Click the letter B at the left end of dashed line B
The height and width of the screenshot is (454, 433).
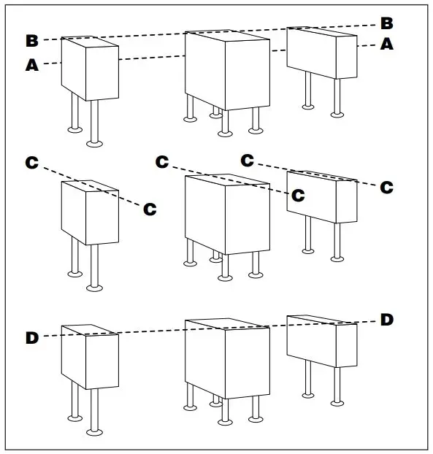pyautogui.click(x=32, y=39)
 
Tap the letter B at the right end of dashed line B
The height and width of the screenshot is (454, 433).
pyautogui.click(x=386, y=22)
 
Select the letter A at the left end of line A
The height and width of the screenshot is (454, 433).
pyautogui.click(x=31, y=65)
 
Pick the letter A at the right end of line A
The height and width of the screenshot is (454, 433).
pyautogui.click(x=386, y=44)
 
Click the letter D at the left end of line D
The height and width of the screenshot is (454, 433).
pyautogui.click(x=32, y=337)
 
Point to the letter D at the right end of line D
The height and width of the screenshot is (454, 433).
pyautogui.click(x=386, y=319)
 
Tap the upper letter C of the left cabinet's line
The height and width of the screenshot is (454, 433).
pyautogui.click(x=32, y=163)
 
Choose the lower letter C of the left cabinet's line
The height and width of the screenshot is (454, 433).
pyautogui.click(x=150, y=209)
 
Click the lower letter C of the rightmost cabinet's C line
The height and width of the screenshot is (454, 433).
pyautogui.click(x=386, y=187)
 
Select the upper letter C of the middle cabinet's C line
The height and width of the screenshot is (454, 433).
pyautogui.click(x=162, y=161)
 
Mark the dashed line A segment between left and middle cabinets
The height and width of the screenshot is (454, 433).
pyautogui.click(x=151, y=56)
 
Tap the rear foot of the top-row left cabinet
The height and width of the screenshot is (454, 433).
pyautogui.click(x=74, y=129)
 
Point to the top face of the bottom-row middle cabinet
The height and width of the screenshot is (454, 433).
pyautogui.click(x=226, y=325)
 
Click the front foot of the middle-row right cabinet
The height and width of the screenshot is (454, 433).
pyautogui.click(x=337, y=257)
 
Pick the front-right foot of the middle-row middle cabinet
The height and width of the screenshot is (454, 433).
pyautogui.click(x=255, y=274)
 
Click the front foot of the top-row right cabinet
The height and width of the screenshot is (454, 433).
pyautogui.click(x=337, y=113)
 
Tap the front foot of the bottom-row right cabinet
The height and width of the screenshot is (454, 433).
pyautogui.click(x=337, y=401)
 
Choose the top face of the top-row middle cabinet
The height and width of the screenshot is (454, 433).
pyautogui.click(x=226, y=36)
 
